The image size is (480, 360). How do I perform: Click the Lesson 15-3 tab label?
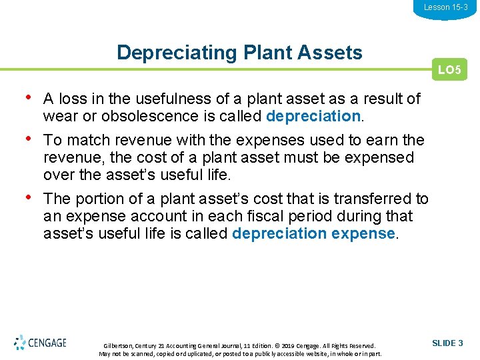(445, 7)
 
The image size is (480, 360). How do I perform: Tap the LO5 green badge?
(449, 69)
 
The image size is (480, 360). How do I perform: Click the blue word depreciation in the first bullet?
(313, 117)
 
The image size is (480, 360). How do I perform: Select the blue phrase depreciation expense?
(313, 234)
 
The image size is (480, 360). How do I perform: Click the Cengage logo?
(40, 343)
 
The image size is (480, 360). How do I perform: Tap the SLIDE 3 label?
(447, 343)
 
